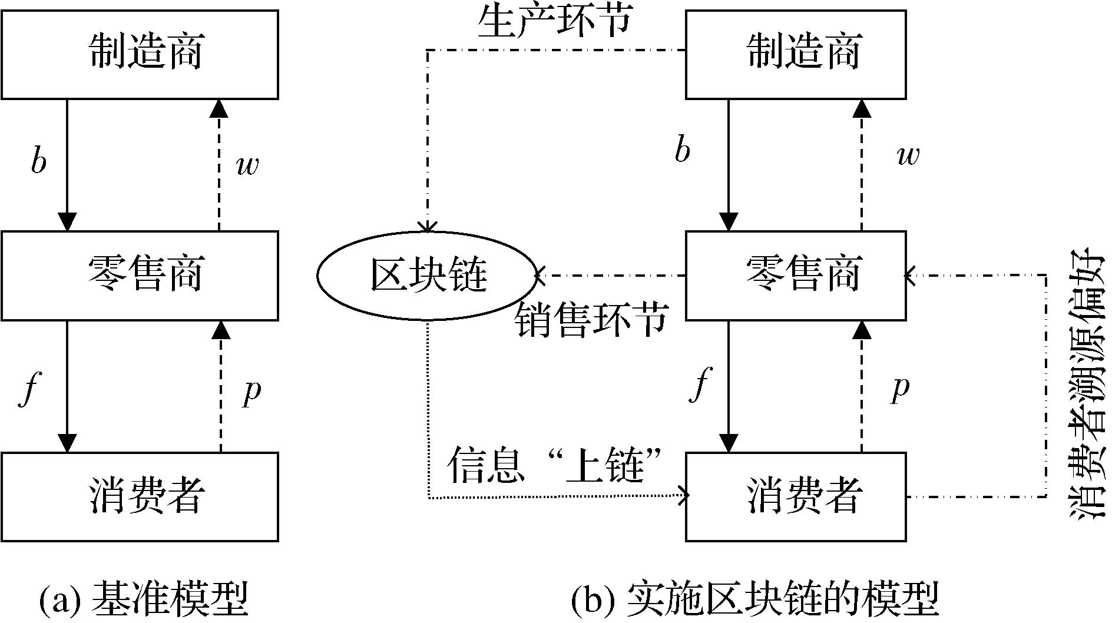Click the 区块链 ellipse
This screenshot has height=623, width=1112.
tap(427, 276)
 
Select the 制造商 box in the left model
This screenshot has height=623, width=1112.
tap(140, 54)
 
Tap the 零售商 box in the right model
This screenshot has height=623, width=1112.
tap(796, 276)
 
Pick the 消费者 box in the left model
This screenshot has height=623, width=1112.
tap(140, 496)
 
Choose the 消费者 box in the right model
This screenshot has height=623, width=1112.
tap(796, 496)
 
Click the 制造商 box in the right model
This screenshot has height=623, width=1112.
tap(796, 54)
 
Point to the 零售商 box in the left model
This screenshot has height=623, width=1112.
tap(140, 276)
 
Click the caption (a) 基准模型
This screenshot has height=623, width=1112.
tap(143, 600)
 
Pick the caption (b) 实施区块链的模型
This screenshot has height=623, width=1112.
tap(754, 600)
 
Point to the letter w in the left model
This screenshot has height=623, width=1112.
tap(247, 167)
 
